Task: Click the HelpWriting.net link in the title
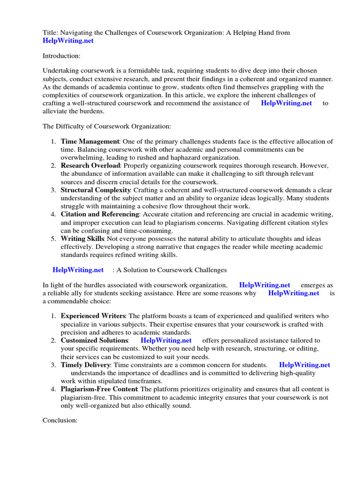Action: (68, 41)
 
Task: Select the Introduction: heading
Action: (61, 56)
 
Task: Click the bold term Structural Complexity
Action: (96, 190)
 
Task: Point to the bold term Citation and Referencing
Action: (100, 215)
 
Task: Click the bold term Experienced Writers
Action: (93, 316)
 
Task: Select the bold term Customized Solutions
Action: (95, 340)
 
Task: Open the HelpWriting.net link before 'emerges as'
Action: (264, 285)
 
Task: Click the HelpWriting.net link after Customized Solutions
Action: (166, 340)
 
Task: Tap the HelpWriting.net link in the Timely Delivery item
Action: (304, 365)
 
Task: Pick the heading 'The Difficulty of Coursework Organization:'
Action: (107, 126)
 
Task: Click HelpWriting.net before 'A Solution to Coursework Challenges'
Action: (78, 270)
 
